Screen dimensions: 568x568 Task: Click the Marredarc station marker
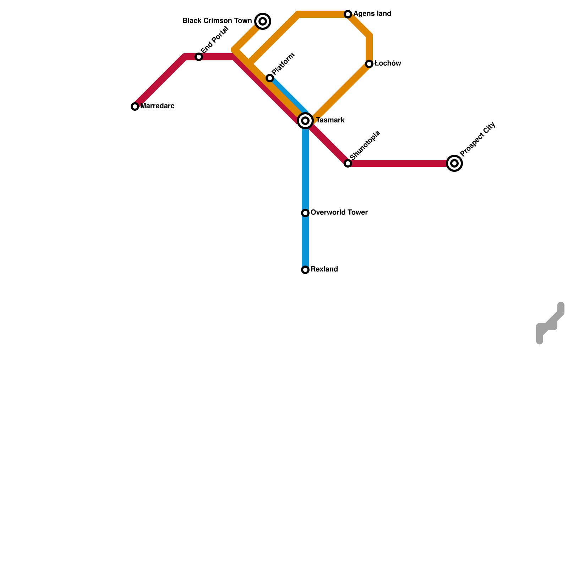point(135,106)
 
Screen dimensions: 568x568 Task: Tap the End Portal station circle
point(199,57)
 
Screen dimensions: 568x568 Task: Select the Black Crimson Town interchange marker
point(263,21)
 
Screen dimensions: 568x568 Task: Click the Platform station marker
point(270,78)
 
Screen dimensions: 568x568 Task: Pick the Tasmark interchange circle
point(305,121)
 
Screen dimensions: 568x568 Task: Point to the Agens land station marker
point(348,14)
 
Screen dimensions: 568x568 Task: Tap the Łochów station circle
point(369,64)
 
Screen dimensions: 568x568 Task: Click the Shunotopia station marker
point(348,163)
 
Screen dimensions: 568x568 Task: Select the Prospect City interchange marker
point(454,163)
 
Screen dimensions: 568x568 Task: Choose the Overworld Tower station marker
point(305,213)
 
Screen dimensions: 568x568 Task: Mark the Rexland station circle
point(305,270)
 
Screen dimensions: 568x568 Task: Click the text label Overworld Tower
point(339,213)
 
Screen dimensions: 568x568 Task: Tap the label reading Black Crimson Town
point(217,21)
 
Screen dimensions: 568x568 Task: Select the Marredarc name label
point(157,106)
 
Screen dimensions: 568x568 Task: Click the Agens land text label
point(372,14)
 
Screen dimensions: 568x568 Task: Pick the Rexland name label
point(324,269)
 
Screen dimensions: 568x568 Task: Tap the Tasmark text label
point(330,120)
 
